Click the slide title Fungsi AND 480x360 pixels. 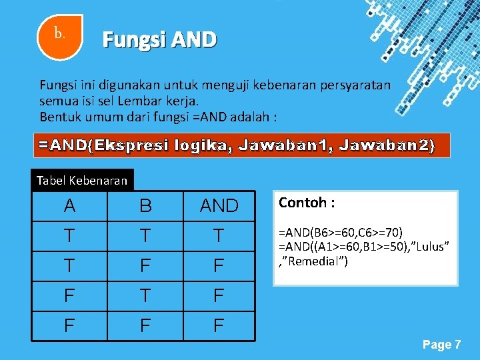click(159, 41)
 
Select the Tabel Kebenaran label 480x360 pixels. click(82, 180)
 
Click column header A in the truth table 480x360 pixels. click(69, 206)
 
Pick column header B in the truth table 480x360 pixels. click(145, 206)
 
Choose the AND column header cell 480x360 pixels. click(219, 206)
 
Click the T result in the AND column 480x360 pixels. click(219, 235)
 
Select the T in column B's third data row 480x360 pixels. click(145, 296)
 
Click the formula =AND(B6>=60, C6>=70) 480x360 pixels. click(340, 232)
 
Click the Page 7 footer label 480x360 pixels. click(441, 345)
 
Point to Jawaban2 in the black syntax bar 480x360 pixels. click(387, 145)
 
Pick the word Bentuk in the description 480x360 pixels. click(59, 117)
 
